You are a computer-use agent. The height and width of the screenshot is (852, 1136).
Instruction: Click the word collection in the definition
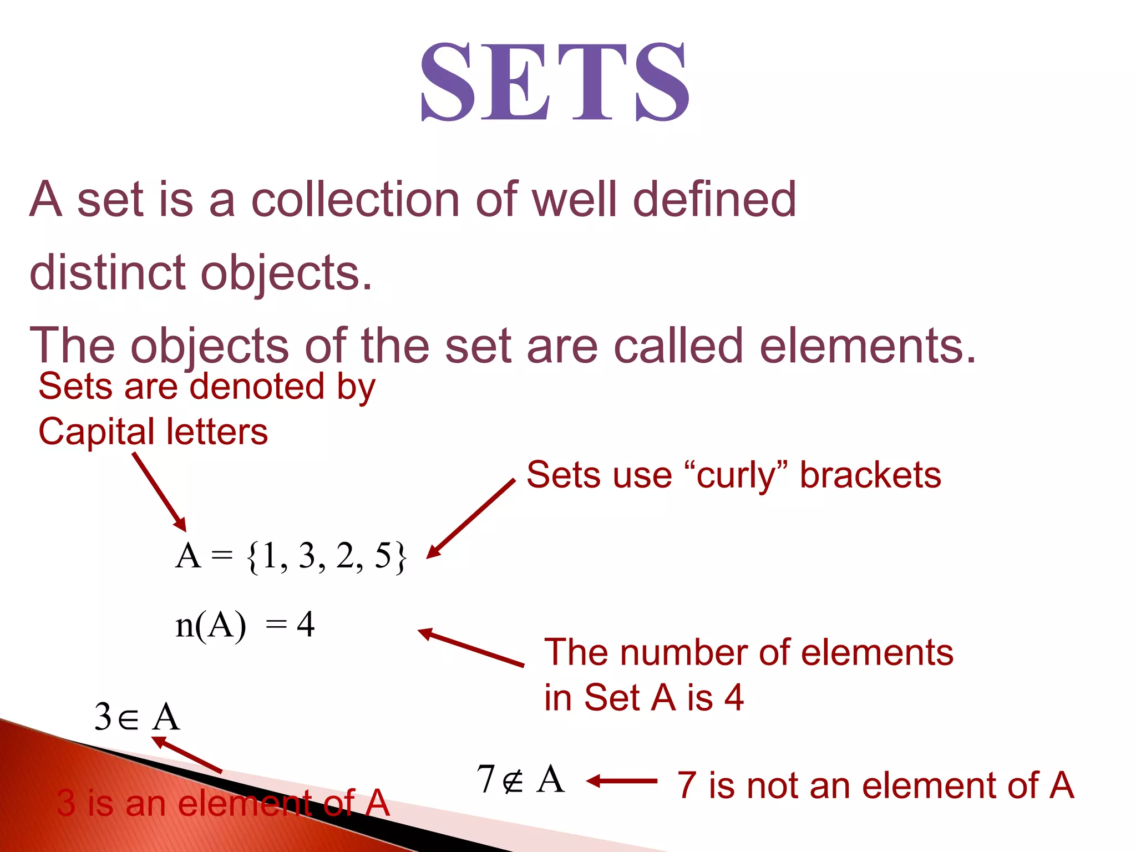coord(355,200)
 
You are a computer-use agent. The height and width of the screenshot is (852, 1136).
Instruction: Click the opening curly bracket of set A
coord(253,557)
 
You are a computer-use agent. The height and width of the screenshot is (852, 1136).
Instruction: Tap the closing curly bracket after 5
coord(400,557)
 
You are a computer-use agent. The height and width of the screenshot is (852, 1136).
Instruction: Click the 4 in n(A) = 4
coord(306,625)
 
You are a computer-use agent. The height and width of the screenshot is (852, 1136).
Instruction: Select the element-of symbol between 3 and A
coord(128,719)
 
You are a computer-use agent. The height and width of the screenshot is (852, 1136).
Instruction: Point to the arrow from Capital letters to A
coord(159,491)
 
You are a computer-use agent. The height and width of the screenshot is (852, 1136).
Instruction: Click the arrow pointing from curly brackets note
coord(471,519)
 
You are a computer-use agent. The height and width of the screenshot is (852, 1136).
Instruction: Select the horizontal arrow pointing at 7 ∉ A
coord(621,781)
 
